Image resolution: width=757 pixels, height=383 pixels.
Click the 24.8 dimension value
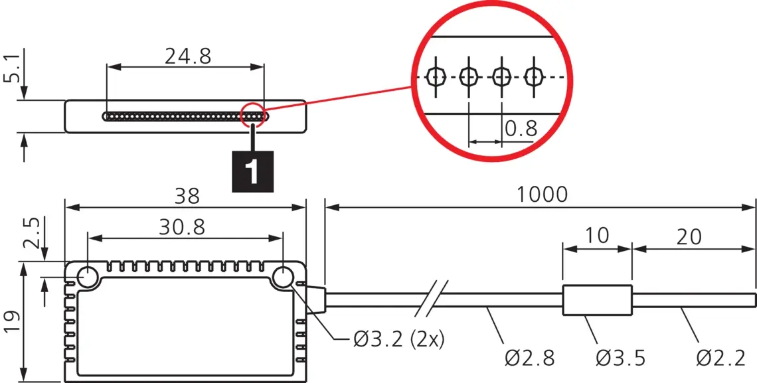(x=188, y=56)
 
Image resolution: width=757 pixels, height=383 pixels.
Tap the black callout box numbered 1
(x=252, y=172)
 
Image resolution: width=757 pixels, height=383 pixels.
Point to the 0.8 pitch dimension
(x=521, y=129)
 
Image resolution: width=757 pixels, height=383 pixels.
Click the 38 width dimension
(x=187, y=196)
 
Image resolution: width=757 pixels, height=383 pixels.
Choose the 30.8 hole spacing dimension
(x=182, y=227)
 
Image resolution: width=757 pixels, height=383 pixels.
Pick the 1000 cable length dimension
(x=542, y=195)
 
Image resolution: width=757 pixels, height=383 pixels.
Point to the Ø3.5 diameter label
(x=620, y=358)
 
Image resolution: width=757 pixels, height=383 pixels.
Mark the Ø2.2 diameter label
(x=720, y=358)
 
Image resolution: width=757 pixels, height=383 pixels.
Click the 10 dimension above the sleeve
(x=597, y=236)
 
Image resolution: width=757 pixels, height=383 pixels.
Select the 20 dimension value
(x=689, y=236)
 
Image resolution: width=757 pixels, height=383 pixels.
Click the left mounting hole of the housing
(x=88, y=277)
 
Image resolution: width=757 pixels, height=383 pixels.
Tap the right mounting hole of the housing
(x=282, y=277)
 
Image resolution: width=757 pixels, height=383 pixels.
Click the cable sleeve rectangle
(x=597, y=300)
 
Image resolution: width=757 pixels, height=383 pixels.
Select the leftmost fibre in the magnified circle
(x=436, y=76)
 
